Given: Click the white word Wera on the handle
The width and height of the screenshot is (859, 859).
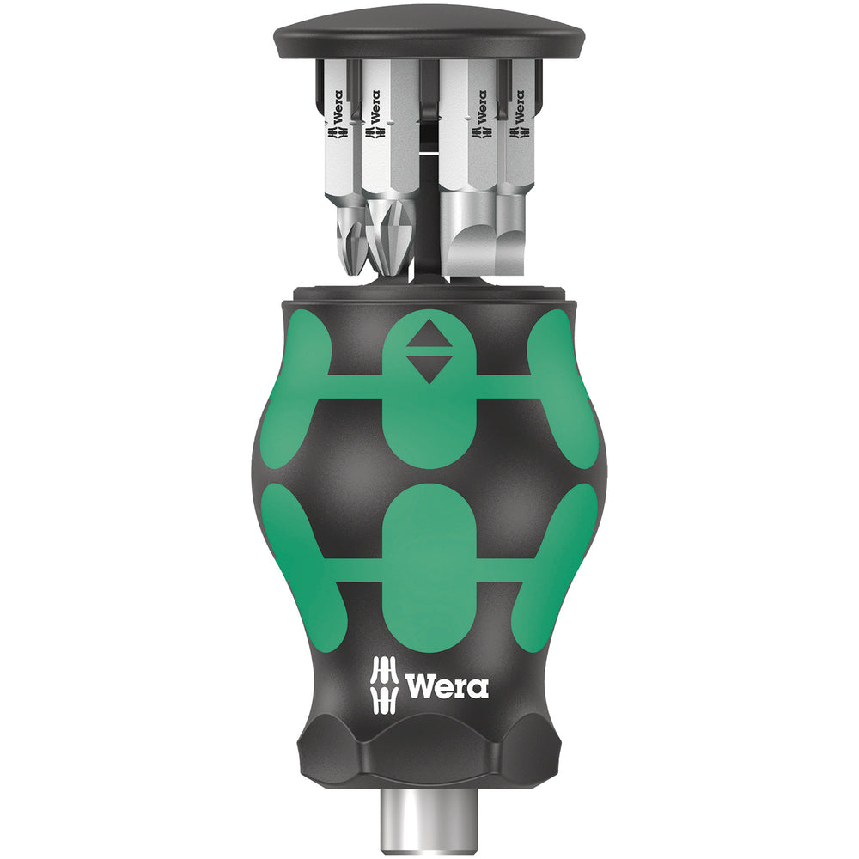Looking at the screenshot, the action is tap(447, 687).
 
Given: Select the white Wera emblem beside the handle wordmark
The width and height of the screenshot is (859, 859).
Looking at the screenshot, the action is tap(384, 685).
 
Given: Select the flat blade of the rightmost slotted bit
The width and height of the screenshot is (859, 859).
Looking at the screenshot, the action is tap(511, 251).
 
